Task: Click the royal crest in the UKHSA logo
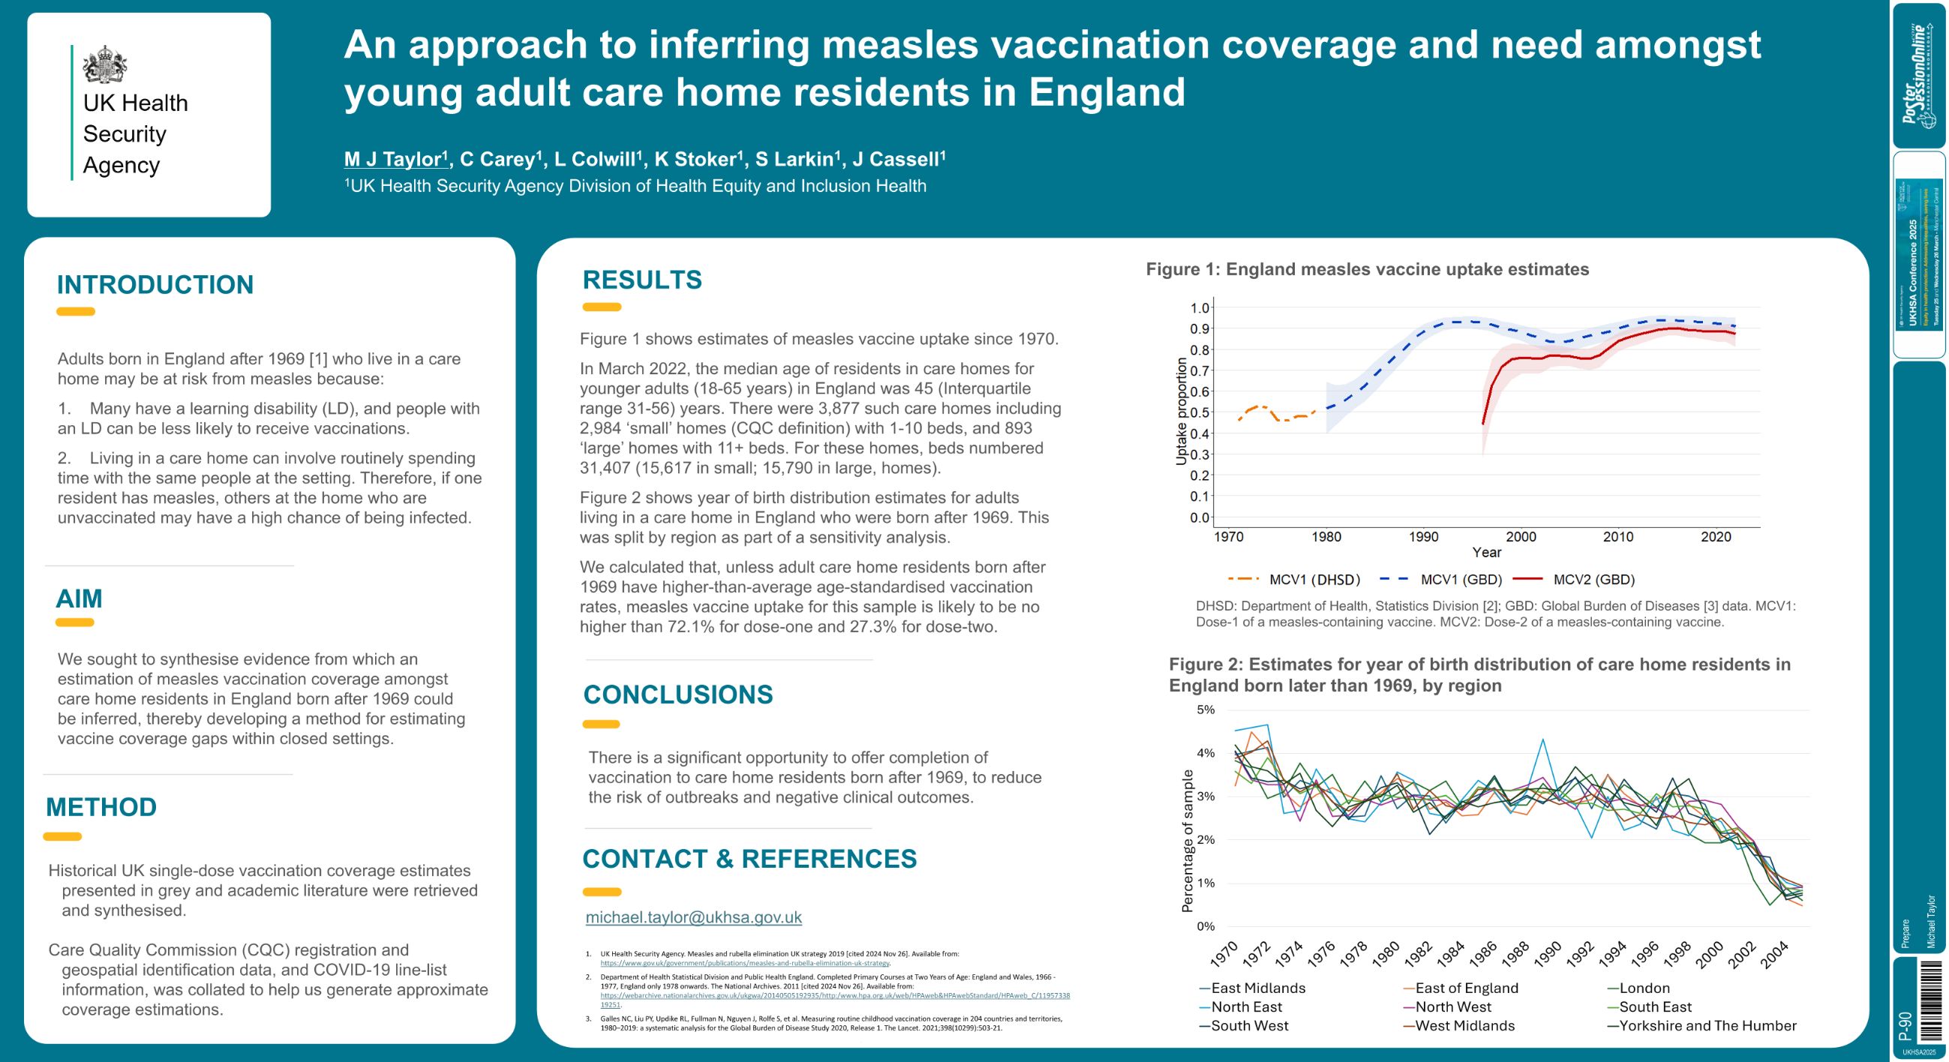click(x=104, y=65)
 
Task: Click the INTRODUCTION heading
click(x=155, y=285)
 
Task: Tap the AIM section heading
click(x=79, y=598)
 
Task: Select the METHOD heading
click(x=101, y=807)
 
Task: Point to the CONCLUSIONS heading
click(x=678, y=694)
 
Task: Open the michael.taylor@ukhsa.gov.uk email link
click(x=693, y=917)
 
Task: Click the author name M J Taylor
click(x=392, y=160)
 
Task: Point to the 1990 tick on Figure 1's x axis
click(x=1423, y=537)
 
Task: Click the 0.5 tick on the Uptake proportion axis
click(x=1200, y=413)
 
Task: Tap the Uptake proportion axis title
click(x=1181, y=412)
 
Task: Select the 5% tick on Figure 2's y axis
click(x=1206, y=709)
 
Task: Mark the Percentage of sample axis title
click(x=1187, y=840)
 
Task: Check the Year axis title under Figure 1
click(x=1486, y=552)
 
